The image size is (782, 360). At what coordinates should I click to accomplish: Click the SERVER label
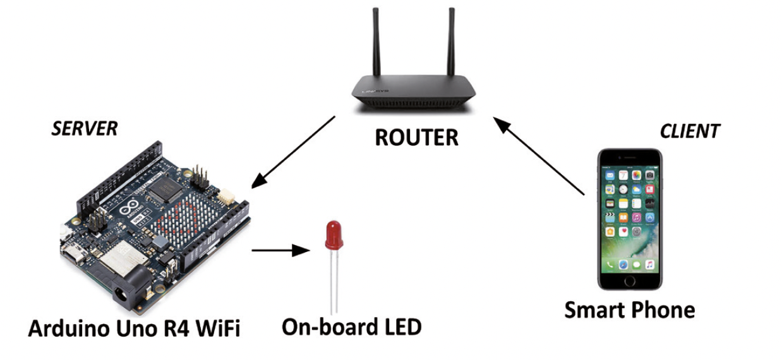84,129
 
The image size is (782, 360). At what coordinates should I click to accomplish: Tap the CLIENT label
689,131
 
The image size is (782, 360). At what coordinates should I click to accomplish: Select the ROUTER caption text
416,137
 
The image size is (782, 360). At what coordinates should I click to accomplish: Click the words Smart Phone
629,310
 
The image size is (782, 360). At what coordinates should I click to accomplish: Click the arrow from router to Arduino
292,152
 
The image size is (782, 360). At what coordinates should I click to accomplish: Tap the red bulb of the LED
334,235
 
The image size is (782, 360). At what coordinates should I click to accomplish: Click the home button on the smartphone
629,280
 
